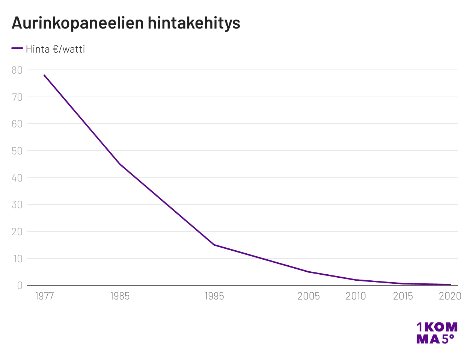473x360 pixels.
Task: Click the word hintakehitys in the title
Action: (194, 23)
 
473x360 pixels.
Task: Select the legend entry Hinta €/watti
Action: (55, 49)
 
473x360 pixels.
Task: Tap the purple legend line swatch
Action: (17, 48)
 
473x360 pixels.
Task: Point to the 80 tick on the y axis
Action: (17, 70)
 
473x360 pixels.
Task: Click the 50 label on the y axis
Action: (17, 151)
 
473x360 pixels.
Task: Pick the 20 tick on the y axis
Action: (17, 232)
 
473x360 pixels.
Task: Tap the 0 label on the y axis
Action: (20, 286)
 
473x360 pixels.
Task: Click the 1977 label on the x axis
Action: (44, 296)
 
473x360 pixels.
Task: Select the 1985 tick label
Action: (120, 296)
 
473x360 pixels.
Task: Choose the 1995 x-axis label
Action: (214, 296)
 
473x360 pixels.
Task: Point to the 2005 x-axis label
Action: (309, 296)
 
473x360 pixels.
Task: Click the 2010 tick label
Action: (356, 296)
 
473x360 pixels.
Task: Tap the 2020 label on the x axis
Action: (450, 296)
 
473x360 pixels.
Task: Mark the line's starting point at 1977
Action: (44, 75)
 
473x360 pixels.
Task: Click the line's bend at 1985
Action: (120, 164)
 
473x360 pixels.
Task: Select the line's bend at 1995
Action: (214, 245)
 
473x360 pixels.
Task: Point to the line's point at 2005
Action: (309, 272)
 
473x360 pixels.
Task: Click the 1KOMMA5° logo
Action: (437, 333)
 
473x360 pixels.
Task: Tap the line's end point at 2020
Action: (450, 284)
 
